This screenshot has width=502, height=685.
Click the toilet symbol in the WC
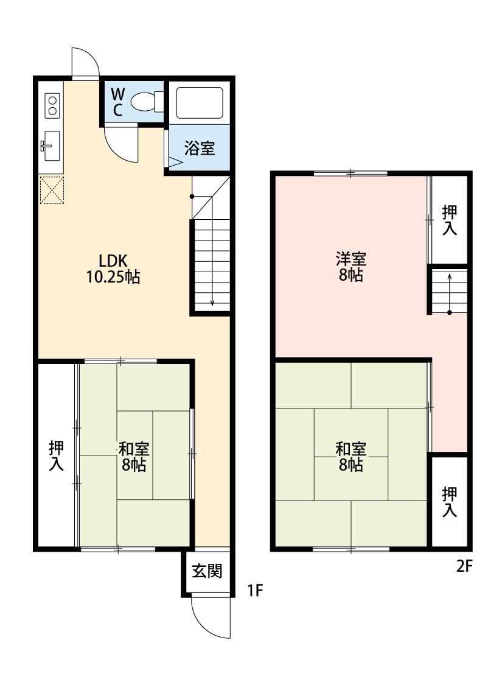click(147, 102)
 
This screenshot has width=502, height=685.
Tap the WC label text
click(118, 102)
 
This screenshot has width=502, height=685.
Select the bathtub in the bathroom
click(200, 103)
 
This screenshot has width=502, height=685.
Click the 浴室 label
click(200, 148)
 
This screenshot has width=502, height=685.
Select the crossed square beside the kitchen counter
click(52, 190)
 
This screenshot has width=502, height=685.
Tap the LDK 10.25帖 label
click(113, 269)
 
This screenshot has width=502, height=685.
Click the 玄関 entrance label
click(207, 571)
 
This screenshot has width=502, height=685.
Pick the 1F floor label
click(255, 591)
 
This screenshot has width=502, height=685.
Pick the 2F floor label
click(464, 566)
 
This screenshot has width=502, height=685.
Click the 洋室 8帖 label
click(351, 267)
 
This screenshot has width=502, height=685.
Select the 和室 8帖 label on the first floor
click(134, 457)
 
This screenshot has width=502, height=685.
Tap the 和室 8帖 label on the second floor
click(351, 457)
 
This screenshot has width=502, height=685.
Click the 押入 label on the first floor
click(57, 455)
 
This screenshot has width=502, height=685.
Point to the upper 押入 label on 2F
click(450, 220)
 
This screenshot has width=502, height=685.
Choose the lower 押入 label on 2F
click(450, 502)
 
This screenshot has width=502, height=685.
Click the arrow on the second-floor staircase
click(450, 293)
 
